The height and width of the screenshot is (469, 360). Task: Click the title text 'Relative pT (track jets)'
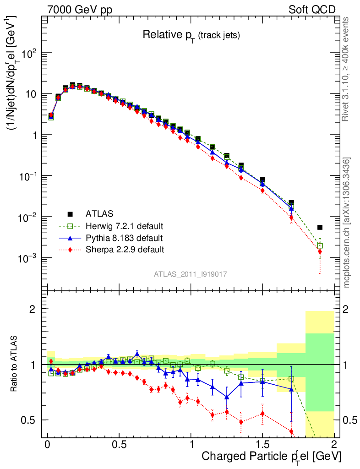[191, 35]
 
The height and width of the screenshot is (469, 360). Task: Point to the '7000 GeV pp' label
[80, 10]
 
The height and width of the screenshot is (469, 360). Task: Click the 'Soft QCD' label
[312, 10]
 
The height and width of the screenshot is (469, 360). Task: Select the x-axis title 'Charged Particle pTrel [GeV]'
[271, 456]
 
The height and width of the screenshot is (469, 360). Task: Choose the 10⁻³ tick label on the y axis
[29, 258]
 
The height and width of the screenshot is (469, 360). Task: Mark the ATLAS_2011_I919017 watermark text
[191, 274]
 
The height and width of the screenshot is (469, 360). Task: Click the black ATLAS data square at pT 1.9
[320, 227]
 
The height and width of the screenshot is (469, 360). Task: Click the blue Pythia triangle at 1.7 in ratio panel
[291, 389]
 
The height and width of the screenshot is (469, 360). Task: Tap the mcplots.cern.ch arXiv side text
[348, 223]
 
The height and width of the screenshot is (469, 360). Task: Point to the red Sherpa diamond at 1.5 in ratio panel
[262, 413]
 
